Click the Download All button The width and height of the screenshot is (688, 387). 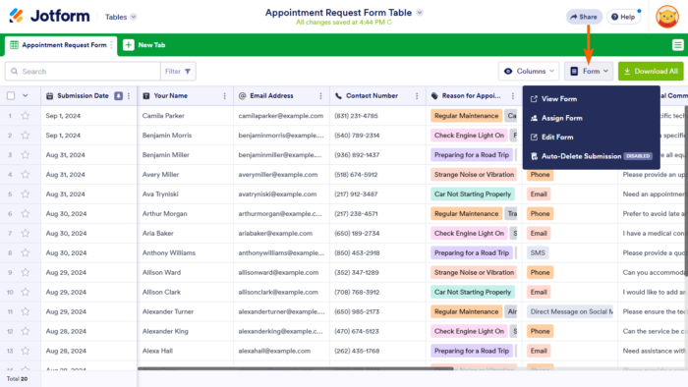click(x=651, y=71)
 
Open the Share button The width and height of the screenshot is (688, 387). click(x=584, y=17)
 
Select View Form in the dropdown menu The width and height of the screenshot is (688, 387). click(x=558, y=99)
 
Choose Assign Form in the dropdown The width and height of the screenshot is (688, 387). click(x=562, y=118)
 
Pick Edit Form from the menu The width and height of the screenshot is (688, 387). click(x=558, y=137)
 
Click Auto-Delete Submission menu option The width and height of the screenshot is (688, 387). click(x=582, y=155)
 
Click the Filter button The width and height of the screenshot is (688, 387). click(x=179, y=71)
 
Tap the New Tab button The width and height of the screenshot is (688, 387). click(x=143, y=45)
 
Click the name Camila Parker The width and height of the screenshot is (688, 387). click(x=163, y=116)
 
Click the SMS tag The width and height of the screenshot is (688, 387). click(x=538, y=252)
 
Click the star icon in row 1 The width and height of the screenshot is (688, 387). click(x=26, y=116)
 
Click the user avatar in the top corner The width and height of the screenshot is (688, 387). click(x=667, y=17)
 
